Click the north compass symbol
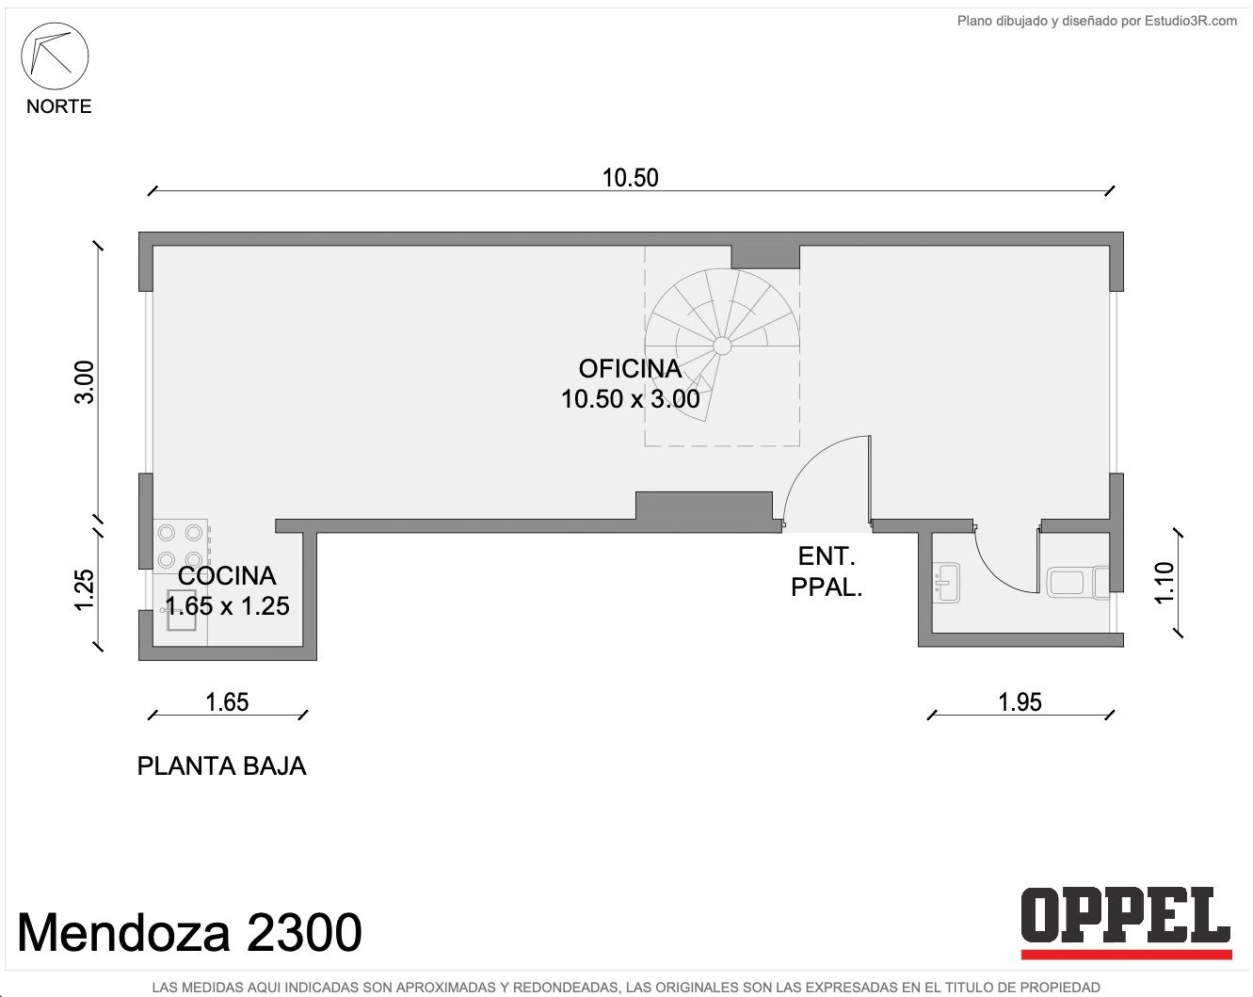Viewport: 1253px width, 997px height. [55, 56]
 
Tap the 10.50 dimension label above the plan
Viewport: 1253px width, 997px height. [630, 178]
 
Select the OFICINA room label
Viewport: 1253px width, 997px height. [630, 369]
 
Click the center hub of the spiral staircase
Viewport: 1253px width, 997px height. [722, 346]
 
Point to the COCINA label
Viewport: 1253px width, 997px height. [227, 576]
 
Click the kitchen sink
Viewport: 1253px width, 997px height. [180, 609]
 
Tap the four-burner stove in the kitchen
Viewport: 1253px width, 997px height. [181, 547]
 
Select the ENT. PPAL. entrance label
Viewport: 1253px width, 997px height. [827, 571]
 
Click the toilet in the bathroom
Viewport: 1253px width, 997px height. [1078, 583]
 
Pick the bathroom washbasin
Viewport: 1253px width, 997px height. [946, 582]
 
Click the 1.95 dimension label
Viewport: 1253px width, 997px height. [1020, 702]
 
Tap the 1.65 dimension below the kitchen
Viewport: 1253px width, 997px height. [227, 702]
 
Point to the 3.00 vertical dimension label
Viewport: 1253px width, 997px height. [85, 382]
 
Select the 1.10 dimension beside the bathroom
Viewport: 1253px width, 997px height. [1165, 583]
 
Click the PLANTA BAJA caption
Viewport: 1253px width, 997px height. [222, 766]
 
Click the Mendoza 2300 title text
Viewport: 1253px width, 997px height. [190, 932]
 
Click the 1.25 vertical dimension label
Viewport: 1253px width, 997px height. [85, 590]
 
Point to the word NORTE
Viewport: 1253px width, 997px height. [58, 106]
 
